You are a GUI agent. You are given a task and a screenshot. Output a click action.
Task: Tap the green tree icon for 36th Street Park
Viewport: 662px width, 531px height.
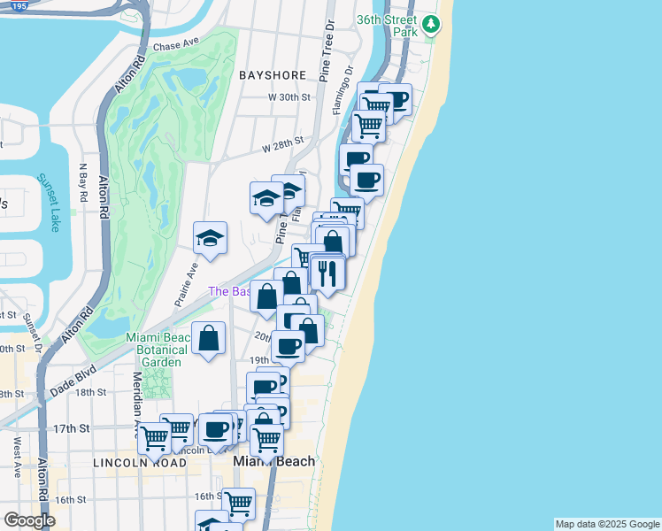pos(431,24)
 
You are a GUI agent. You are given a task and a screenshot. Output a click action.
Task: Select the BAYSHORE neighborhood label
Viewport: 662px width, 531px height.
pos(273,76)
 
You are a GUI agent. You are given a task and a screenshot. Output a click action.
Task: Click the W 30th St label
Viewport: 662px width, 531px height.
pos(290,96)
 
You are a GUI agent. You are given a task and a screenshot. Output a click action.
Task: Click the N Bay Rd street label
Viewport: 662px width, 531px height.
pos(83,182)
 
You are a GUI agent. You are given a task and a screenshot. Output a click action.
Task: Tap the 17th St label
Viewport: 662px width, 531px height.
pos(72,428)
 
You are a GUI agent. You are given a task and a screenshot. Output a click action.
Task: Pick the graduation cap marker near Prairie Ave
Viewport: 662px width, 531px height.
pos(211,238)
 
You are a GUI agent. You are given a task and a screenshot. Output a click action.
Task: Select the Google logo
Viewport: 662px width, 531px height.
pos(29,520)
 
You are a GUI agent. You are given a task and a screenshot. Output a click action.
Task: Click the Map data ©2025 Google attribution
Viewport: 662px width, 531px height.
pos(606,524)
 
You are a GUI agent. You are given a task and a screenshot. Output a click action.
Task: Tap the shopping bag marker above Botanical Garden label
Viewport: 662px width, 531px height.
pos(208,338)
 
